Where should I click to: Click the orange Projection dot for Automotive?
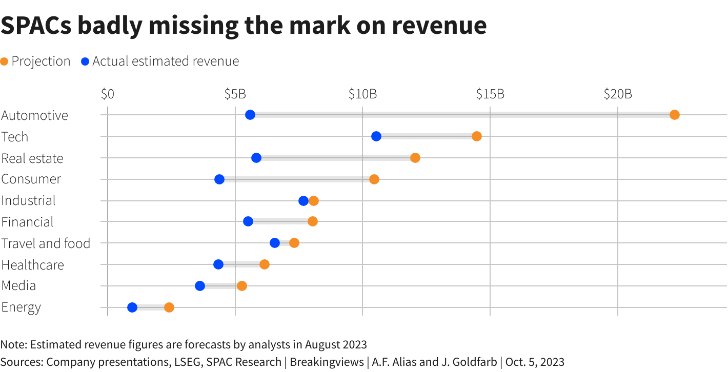pos(674,115)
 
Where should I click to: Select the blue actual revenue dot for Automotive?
pos(250,115)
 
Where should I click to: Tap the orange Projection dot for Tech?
pos(477,136)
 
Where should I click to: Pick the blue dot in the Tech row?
pos(376,136)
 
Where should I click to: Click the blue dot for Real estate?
pos(256,158)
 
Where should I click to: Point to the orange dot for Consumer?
pos(374,179)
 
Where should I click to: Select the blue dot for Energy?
pos(132,307)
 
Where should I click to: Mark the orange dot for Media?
pos(242,286)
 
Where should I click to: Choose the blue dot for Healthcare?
pos(218,264)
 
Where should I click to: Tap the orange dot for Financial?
pos(313,221)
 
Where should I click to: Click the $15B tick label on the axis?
pos(490,94)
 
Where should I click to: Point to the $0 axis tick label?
pos(108,94)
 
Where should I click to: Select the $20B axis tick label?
pos(618,94)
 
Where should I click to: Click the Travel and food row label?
pos(46,243)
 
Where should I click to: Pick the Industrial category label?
pos(29,200)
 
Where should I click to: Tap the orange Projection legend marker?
pos(5,61)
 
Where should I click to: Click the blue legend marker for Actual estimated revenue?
pos(86,61)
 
